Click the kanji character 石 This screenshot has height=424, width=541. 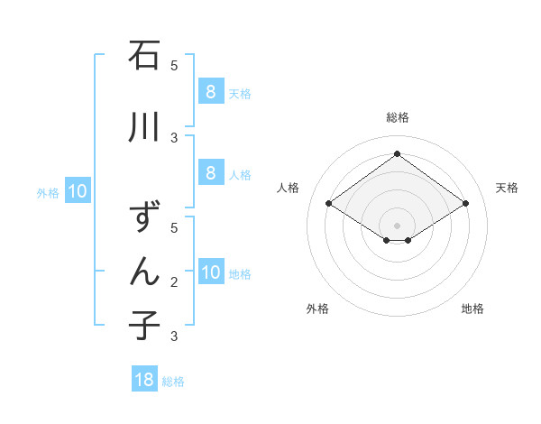[x=145, y=56]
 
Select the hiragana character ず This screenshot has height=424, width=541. [x=145, y=217]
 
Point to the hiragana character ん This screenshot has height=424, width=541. [x=145, y=271]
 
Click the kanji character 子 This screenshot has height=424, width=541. [x=145, y=325]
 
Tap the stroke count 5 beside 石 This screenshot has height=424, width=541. [x=174, y=66]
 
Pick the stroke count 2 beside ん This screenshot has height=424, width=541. [x=174, y=282]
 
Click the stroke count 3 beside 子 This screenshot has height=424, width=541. [x=174, y=336]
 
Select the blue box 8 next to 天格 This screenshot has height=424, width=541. [x=210, y=92]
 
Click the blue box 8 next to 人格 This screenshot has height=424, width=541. [x=210, y=173]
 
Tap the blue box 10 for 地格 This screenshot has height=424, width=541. [x=210, y=272]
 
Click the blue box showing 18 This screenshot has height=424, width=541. [x=144, y=380]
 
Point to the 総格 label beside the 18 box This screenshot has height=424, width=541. [x=173, y=382]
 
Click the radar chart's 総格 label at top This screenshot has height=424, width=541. [x=398, y=117]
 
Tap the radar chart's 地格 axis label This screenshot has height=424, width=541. [x=472, y=309]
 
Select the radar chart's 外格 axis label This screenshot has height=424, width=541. [x=317, y=309]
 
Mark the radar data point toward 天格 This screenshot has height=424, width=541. [x=465, y=204]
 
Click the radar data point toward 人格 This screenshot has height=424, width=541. [x=329, y=204]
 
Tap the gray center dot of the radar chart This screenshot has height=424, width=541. [x=398, y=225]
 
